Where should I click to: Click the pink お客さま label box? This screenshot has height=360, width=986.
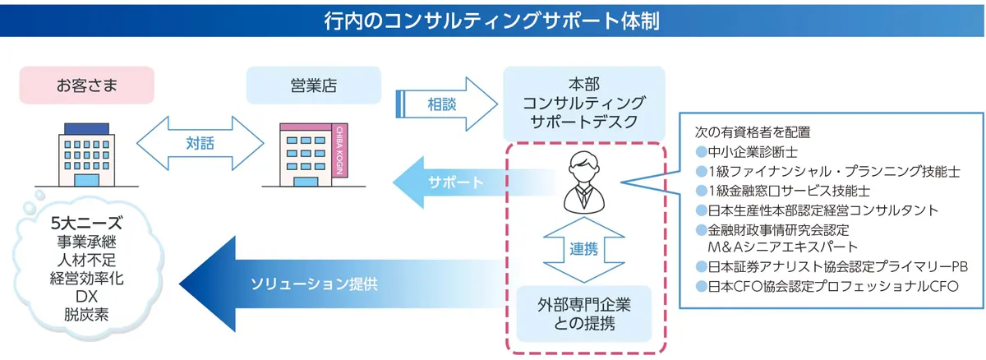pyautogui.click(x=87, y=85)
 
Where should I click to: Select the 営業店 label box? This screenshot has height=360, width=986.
pyautogui.click(x=313, y=85)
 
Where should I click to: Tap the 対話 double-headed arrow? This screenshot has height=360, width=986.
pyautogui.click(x=200, y=143)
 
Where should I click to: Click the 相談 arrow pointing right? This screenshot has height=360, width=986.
pyautogui.click(x=446, y=104)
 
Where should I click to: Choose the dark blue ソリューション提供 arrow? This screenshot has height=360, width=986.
pyautogui.click(x=341, y=284)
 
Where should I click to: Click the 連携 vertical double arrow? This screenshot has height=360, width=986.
pyautogui.click(x=584, y=250)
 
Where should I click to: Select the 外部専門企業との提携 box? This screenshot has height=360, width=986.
pyautogui.click(x=583, y=314)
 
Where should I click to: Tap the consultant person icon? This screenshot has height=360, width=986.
pyautogui.click(x=584, y=182)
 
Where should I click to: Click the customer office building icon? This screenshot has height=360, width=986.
pyautogui.click(x=87, y=155)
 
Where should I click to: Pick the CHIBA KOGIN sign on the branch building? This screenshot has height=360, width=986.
pyautogui.click(x=339, y=150)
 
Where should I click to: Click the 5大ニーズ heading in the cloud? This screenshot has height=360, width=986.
pyautogui.click(x=86, y=223)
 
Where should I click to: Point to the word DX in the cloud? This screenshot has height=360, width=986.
pyautogui.click(x=86, y=296)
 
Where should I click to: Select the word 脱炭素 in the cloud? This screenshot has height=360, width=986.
pyautogui.click(x=86, y=314)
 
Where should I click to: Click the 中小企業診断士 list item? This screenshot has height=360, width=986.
pyautogui.click(x=747, y=152)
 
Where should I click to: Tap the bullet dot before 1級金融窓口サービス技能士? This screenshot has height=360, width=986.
pyautogui.click(x=701, y=191)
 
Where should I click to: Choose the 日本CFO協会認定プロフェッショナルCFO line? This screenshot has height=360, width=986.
pyautogui.click(x=827, y=287)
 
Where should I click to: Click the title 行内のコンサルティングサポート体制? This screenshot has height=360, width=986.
pyautogui.click(x=492, y=21)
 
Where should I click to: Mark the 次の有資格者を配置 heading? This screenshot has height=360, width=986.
pyautogui.click(x=753, y=132)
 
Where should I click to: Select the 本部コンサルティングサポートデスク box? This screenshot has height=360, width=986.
pyautogui.click(x=583, y=104)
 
